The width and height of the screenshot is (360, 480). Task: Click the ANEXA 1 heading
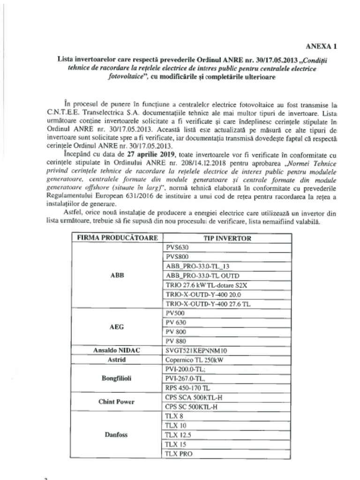[321, 46]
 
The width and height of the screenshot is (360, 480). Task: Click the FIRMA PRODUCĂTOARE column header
[117, 238]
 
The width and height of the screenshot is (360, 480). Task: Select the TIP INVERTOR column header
[227, 238]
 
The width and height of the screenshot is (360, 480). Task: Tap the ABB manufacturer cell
[117, 276]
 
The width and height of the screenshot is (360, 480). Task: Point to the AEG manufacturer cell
[117, 327]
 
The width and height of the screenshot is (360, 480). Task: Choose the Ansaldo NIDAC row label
[117, 350]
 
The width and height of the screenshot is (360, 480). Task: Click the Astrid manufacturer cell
[117, 360]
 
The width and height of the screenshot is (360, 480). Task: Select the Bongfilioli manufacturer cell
[117, 378]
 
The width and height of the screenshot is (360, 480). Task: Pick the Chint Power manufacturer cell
[117, 402]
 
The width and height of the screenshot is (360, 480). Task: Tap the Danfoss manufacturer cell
[117, 435]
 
